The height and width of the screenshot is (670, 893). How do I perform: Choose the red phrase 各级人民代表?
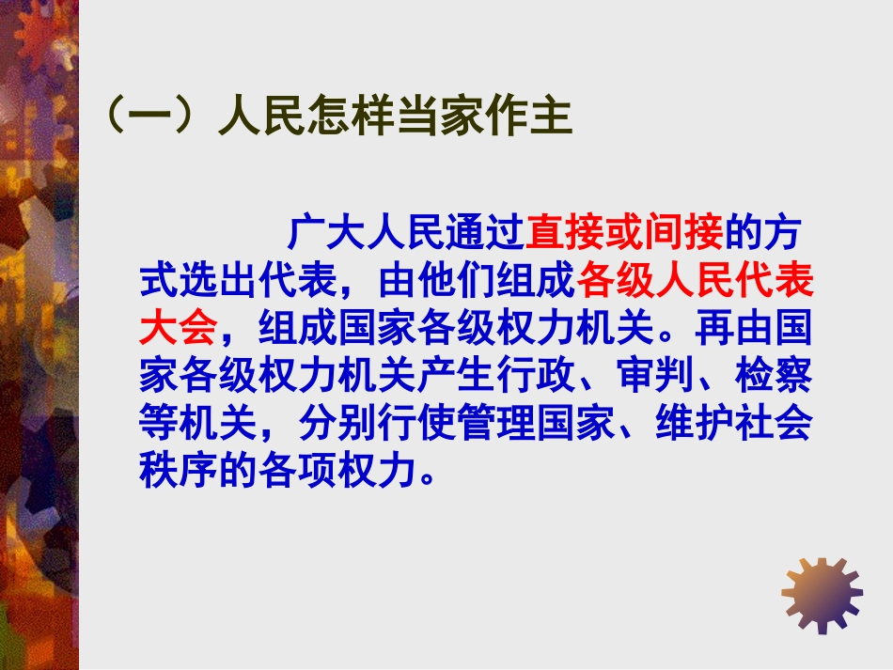coord(695,280)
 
